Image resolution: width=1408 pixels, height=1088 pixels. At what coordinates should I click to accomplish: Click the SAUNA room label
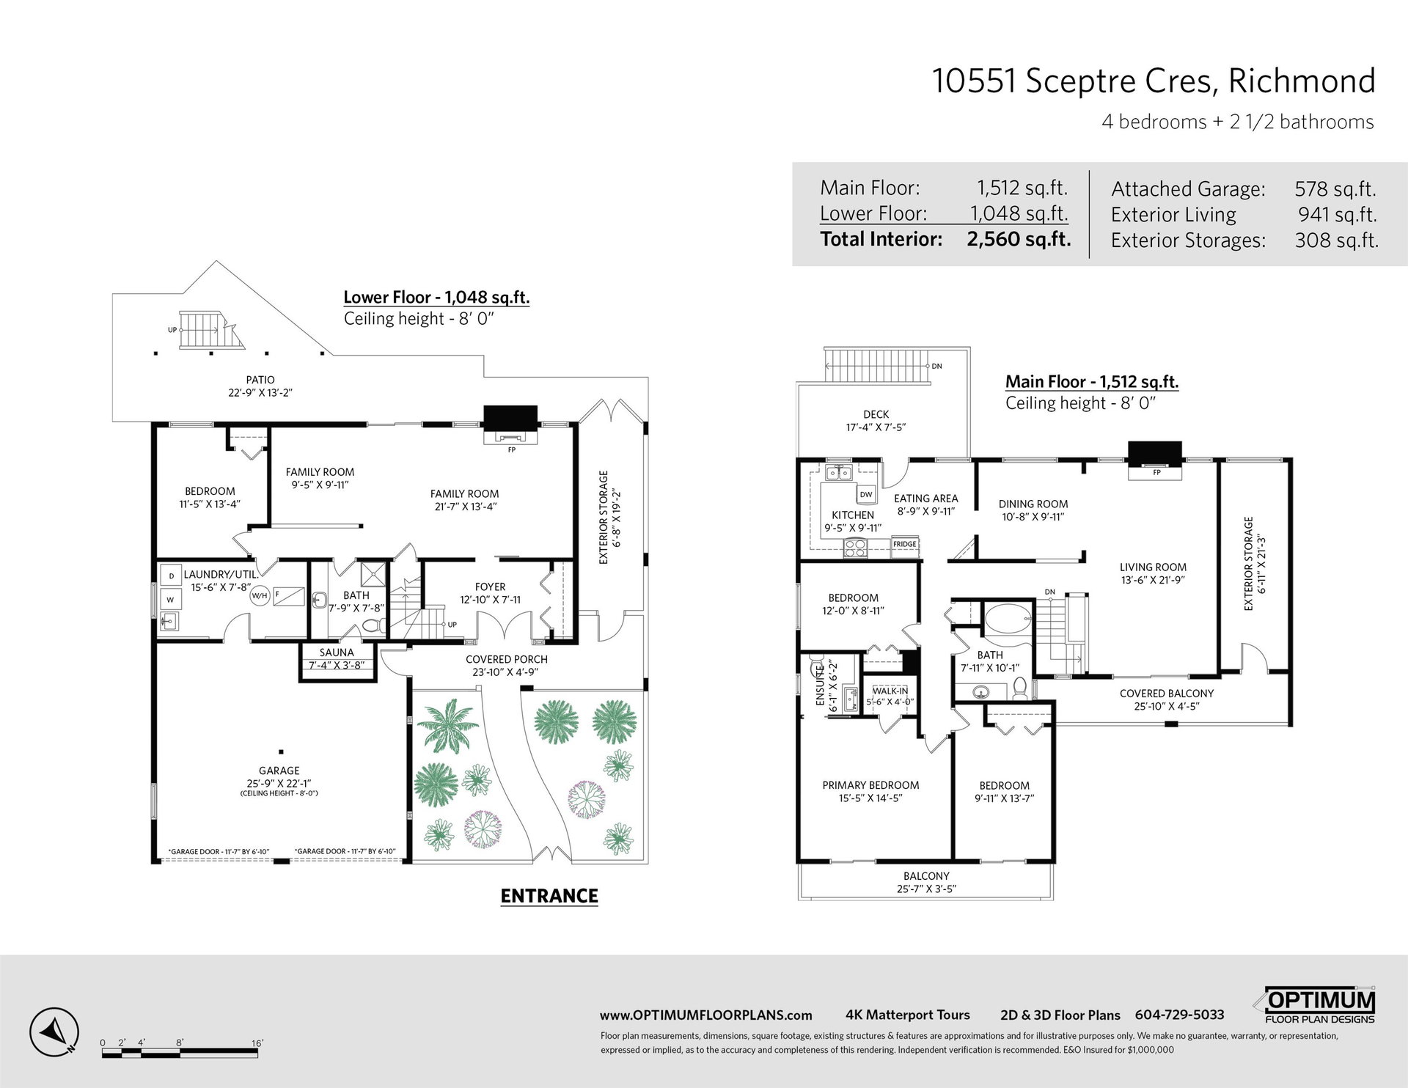tap(337, 653)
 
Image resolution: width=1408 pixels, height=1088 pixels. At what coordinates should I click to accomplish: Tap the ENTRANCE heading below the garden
tap(549, 895)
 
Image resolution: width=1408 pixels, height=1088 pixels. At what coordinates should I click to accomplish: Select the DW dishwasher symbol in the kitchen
tap(866, 494)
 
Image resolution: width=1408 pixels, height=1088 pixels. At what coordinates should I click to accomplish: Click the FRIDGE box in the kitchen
tap(905, 544)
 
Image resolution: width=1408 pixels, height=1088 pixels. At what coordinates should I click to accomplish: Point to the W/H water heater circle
tap(260, 595)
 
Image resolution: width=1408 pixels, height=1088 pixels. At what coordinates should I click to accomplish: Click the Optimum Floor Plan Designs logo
tap(1321, 1004)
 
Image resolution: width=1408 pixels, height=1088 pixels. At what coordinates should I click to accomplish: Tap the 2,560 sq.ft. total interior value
tap(1019, 239)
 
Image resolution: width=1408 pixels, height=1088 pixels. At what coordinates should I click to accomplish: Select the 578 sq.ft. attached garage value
tap(1335, 188)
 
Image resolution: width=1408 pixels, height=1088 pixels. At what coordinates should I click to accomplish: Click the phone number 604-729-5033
tap(1179, 1015)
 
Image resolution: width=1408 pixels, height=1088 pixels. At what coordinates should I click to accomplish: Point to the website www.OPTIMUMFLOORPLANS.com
tap(705, 1015)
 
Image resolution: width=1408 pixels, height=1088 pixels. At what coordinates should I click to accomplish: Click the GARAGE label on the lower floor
tap(279, 771)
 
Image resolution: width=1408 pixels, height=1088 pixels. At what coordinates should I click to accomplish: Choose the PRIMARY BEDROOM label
tap(870, 785)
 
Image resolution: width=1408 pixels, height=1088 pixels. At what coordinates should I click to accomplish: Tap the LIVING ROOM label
tap(1153, 567)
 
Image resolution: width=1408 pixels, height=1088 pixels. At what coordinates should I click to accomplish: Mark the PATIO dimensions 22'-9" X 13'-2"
tap(260, 392)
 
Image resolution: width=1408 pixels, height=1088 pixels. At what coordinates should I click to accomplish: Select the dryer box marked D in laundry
tap(172, 576)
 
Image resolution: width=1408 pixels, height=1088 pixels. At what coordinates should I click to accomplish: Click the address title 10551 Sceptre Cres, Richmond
tap(1154, 81)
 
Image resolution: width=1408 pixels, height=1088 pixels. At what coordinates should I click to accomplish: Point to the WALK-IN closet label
tap(890, 691)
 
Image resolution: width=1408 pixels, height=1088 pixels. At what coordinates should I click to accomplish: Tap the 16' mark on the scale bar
tap(257, 1043)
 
